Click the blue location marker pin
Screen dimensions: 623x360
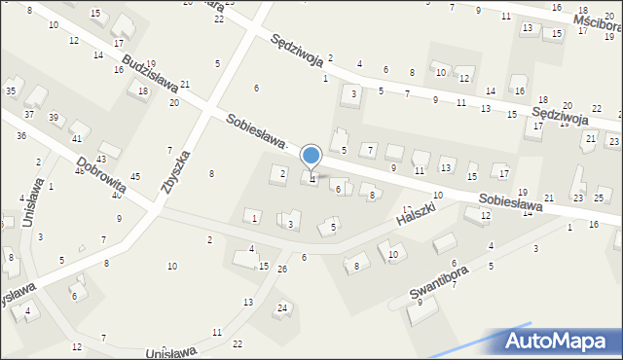click(311, 156)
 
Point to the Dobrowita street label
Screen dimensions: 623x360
click(100, 178)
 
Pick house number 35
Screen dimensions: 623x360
click(11, 91)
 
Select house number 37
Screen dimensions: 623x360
click(29, 115)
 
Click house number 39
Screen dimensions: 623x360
click(54, 119)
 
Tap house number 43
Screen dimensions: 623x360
click(100, 159)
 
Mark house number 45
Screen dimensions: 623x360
click(135, 176)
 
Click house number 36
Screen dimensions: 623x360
click(21, 136)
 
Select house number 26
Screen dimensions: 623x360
click(282, 269)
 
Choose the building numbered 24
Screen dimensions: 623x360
click(281, 308)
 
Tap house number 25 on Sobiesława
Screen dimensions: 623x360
click(600, 198)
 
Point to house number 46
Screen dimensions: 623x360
click(79, 171)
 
